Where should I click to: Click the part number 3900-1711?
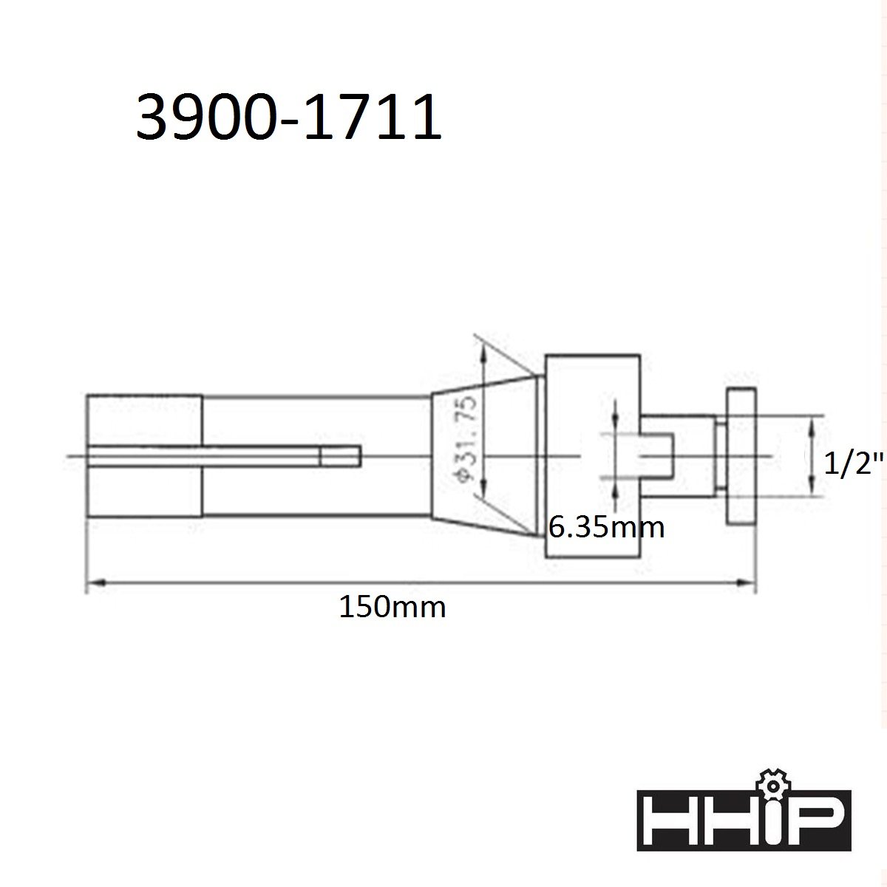[x=288, y=117]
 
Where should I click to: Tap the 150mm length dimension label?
[x=392, y=607]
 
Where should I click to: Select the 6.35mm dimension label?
[x=607, y=528]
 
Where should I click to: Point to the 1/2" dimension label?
[x=854, y=463]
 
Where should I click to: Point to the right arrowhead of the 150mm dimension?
[x=746, y=583]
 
